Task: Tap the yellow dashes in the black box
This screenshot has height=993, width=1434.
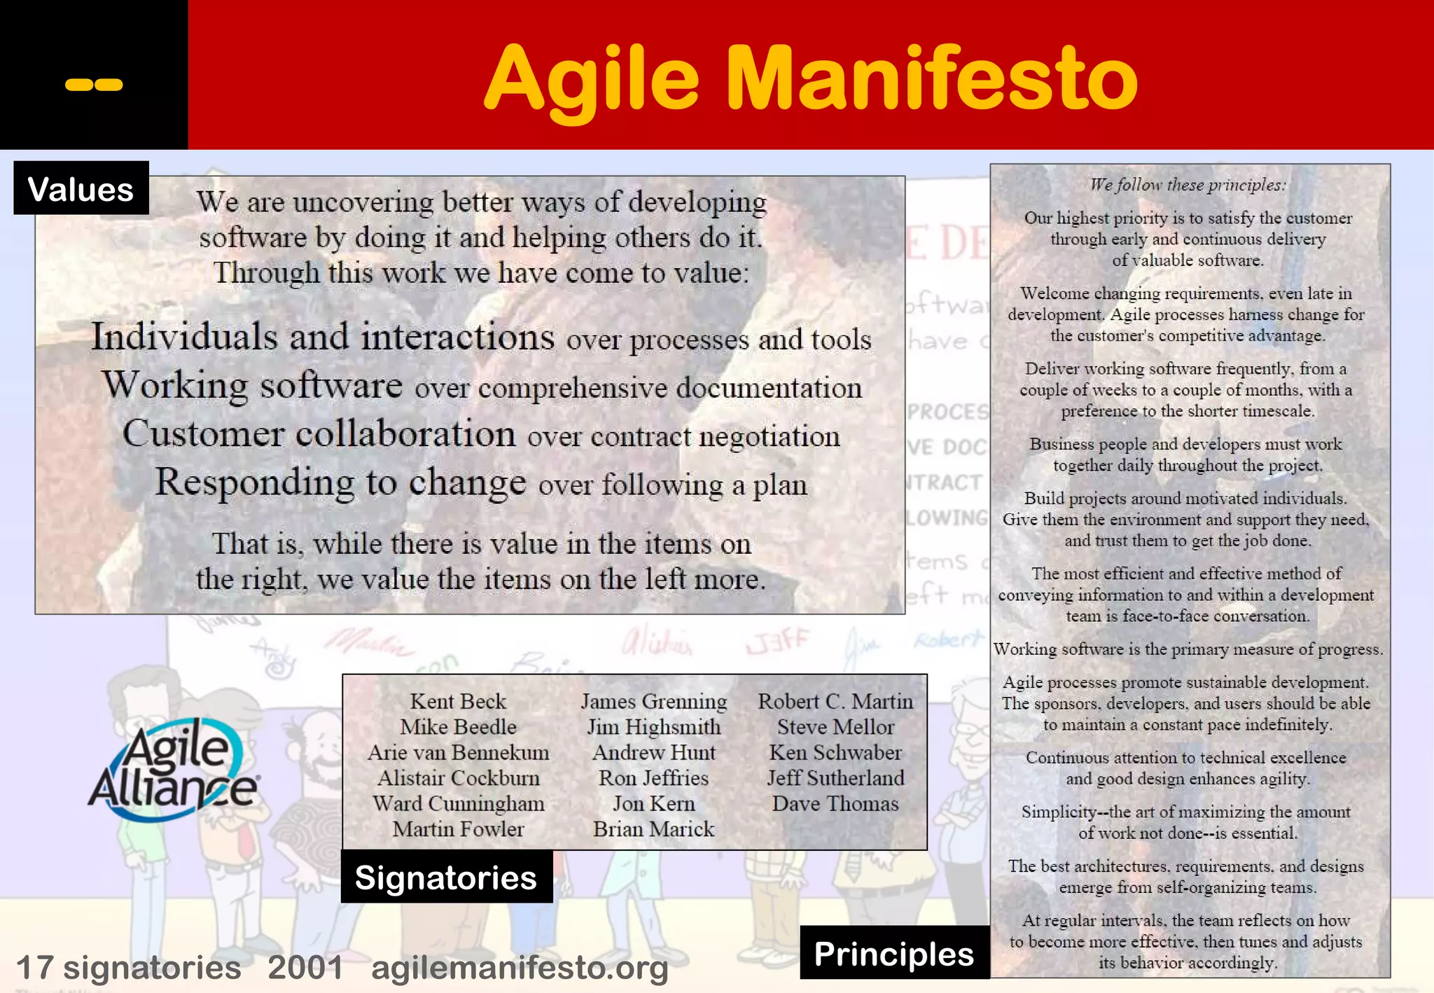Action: pyautogui.click(x=94, y=85)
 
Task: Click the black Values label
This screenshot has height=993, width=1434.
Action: pyautogui.click(x=81, y=189)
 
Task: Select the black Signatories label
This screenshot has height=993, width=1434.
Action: pyautogui.click(x=446, y=877)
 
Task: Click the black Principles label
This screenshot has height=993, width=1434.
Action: pyautogui.click(x=894, y=954)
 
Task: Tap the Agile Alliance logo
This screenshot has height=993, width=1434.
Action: pyautogui.click(x=174, y=770)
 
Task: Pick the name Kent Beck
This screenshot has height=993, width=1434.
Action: pyautogui.click(x=458, y=701)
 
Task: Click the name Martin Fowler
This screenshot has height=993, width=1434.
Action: pyautogui.click(x=458, y=829)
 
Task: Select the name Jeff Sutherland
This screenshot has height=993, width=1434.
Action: pyautogui.click(x=835, y=778)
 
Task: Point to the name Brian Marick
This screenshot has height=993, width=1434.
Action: pyautogui.click(x=653, y=829)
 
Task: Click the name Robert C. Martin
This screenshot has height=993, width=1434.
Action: pyautogui.click(x=835, y=701)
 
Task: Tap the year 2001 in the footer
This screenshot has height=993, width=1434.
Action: pyautogui.click(x=305, y=968)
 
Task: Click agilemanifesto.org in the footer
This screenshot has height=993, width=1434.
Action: pyautogui.click(x=520, y=968)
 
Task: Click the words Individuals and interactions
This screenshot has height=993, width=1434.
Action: pyautogui.click(x=323, y=337)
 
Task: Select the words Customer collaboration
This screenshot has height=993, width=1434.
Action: pyautogui.click(x=319, y=433)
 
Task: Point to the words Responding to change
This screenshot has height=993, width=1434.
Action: pyautogui.click(x=340, y=482)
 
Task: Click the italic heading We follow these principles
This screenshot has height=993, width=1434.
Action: pyautogui.click(x=1188, y=185)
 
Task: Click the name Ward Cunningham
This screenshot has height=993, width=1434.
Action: pyautogui.click(x=458, y=804)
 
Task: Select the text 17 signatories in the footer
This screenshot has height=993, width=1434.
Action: pyautogui.click(x=128, y=968)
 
